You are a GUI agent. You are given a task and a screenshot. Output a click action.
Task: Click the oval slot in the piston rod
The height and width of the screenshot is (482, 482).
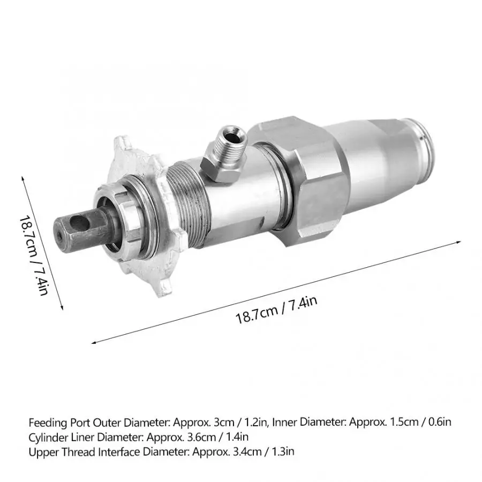[x=79, y=223]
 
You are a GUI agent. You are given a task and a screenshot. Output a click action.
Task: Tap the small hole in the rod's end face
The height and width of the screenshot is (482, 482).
[x=59, y=235]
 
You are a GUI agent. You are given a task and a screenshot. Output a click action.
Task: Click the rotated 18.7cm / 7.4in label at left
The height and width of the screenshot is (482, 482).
[x=34, y=255]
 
